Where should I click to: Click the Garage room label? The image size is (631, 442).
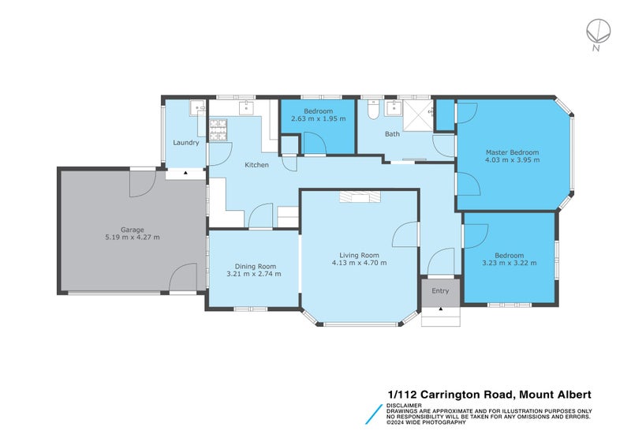coord(132,230)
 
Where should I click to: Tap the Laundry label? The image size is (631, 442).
coord(186,143)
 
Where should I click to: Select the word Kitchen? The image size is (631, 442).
coord(257,165)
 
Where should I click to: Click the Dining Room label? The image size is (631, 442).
coord(254,266)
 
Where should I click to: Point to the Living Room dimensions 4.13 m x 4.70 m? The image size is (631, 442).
coord(360,263)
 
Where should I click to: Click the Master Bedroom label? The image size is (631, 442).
coord(512,152)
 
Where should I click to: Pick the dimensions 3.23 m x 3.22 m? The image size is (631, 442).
coord(510,263)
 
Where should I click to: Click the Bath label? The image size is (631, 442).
coord(392,134)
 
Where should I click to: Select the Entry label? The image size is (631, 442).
coord(440,290)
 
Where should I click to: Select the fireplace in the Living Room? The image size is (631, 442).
coord(359,197)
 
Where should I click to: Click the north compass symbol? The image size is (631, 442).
coord(597,32)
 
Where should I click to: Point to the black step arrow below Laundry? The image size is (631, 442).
coord(185,171)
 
